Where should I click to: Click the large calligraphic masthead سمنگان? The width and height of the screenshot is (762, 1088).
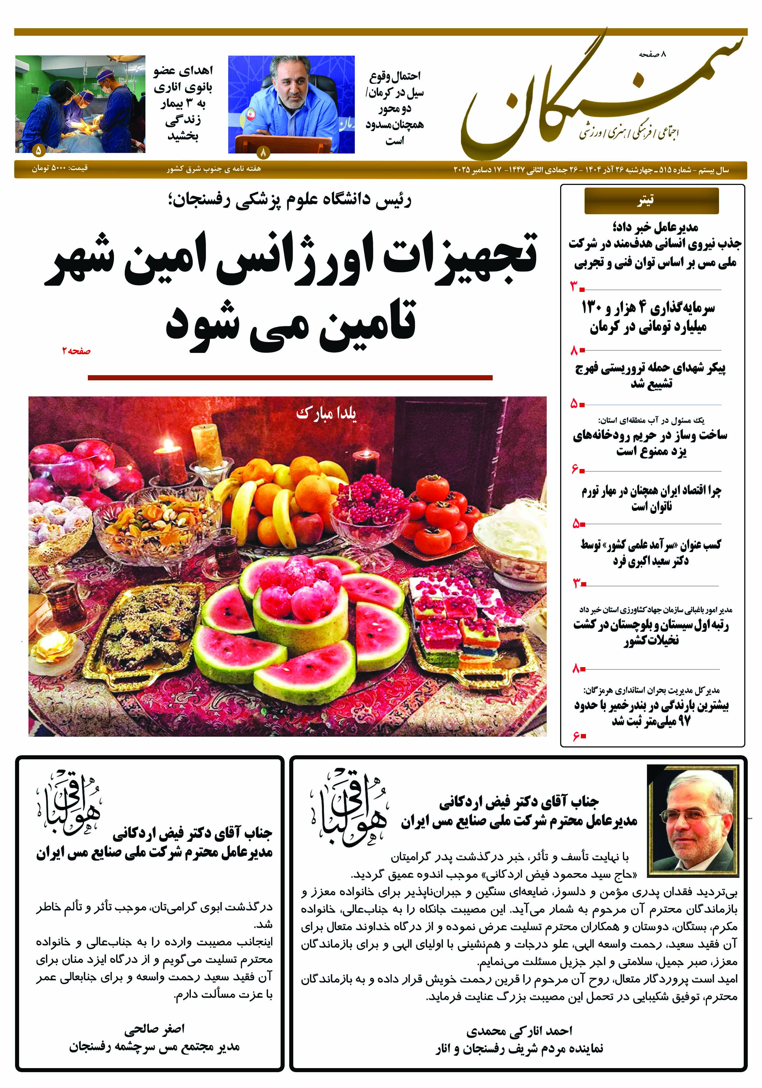point(602,97)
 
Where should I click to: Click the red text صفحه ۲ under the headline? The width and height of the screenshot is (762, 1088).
point(76,351)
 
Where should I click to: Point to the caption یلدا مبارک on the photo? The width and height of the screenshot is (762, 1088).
point(326,413)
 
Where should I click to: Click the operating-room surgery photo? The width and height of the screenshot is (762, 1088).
point(80,104)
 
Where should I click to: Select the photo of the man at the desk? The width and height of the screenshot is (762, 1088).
point(291,104)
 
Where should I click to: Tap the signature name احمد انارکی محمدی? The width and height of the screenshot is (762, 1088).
point(519,1031)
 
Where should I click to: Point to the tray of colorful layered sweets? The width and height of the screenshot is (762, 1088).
point(467,621)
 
